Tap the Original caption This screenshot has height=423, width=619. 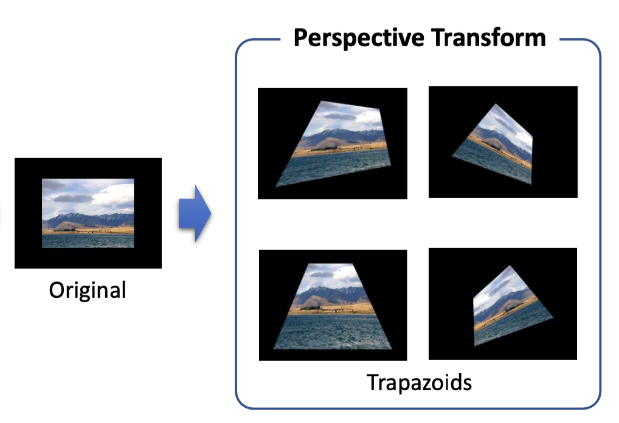click(x=88, y=289)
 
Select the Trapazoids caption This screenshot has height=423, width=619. click(x=419, y=383)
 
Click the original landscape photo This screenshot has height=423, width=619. click(x=88, y=213)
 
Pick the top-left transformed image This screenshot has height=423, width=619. click(x=333, y=143)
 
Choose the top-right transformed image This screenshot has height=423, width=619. click(x=503, y=142)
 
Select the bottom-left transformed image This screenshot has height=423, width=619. click(x=333, y=304)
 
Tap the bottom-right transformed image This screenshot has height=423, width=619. click(x=503, y=304)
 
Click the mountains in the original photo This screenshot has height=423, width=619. click(x=91, y=220)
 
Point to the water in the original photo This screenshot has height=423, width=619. click(x=88, y=240)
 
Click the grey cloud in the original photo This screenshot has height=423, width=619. click(x=73, y=198)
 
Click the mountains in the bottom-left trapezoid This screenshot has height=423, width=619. click(x=328, y=297)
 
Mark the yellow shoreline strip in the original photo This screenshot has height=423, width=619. click(x=88, y=231)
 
